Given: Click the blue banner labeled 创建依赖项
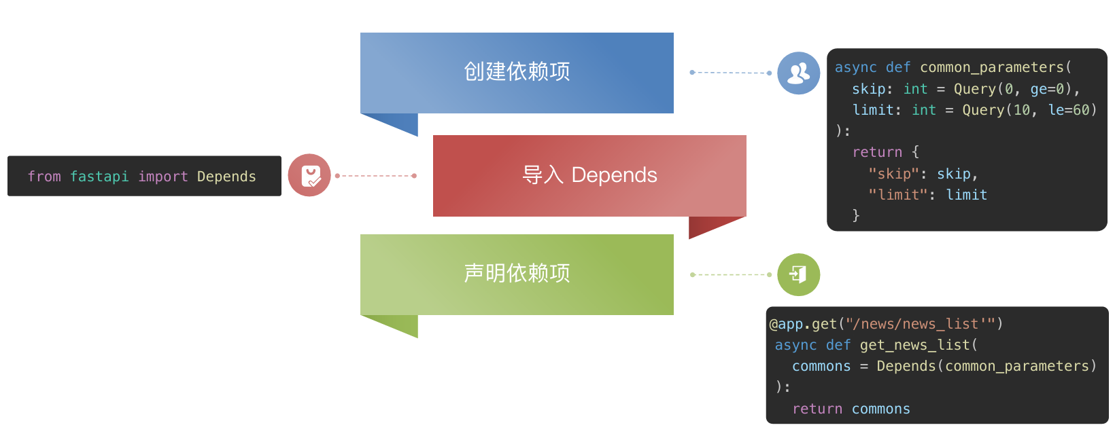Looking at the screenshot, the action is click(x=517, y=72).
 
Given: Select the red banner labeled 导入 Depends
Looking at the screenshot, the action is click(x=589, y=175).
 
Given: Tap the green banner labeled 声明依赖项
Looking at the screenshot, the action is click(x=517, y=274).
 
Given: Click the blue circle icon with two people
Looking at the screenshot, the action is click(x=798, y=73).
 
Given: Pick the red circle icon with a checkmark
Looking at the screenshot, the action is click(x=309, y=175).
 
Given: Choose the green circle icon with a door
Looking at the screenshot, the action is click(x=798, y=274).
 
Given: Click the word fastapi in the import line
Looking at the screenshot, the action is click(x=99, y=177).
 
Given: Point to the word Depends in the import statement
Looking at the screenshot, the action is click(x=226, y=177).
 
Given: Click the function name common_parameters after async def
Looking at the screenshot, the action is click(x=991, y=67).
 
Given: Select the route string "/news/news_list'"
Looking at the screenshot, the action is click(x=919, y=324).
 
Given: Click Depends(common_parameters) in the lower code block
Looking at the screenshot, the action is click(x=986, y=366).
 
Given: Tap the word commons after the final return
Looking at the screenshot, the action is click(x=880, y=409).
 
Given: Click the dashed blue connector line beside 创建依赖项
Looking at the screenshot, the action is click(x=730, y=73).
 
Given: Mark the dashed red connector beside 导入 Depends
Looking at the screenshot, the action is click(x=375, y=176).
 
